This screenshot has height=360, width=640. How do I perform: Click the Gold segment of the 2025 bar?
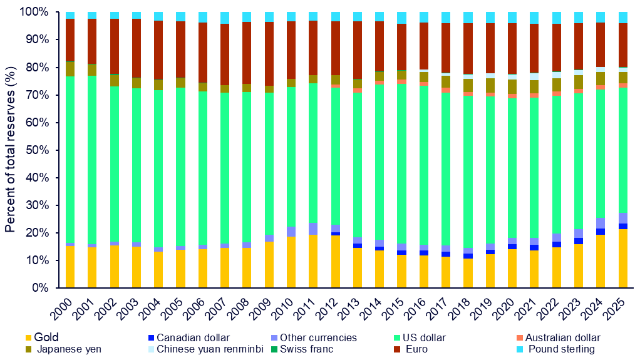[622, 258]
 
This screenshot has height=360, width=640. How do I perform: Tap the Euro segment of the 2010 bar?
[291, 50]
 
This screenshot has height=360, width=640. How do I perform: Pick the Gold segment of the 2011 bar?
[313, 261]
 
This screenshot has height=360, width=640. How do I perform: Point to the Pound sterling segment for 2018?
[468, 17]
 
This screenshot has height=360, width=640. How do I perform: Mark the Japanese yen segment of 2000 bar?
[70, 68]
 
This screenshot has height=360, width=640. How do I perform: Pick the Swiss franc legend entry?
[306, 349]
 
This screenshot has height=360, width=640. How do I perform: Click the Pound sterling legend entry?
[561, 349]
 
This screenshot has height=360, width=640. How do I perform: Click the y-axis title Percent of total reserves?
[10, 150]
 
